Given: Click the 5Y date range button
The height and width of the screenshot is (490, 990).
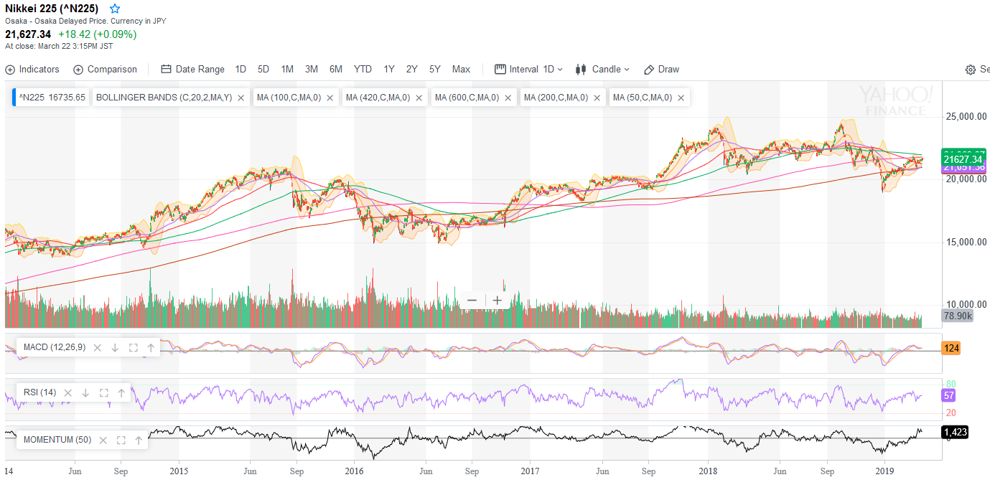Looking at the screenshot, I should pos(434,70).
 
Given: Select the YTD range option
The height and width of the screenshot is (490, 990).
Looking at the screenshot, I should pos(363,70).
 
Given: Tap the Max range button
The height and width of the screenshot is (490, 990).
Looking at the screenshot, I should pos(461,70).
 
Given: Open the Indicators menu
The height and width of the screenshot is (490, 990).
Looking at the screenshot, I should pos(32,70).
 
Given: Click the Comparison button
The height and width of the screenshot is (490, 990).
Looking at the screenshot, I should pos(105,70).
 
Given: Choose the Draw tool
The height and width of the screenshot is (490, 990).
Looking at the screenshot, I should pos(661,70).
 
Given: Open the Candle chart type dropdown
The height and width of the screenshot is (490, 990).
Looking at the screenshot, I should pos(602,70).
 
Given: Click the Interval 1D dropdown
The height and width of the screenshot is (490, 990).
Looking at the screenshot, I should pos(529,70).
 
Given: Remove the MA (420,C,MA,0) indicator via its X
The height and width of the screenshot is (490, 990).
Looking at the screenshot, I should pos(419,98).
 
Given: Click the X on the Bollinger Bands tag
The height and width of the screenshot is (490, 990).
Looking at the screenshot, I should pos(241,98).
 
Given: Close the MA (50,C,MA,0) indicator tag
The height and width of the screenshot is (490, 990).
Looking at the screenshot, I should pos(681,98).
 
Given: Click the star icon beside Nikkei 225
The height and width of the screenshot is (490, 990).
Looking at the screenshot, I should pos(115,9).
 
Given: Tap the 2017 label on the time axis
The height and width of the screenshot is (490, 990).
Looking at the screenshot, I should pos(530,471).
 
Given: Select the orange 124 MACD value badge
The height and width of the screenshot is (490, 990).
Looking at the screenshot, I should pos(951,349).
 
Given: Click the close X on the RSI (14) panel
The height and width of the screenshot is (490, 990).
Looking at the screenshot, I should pos(68,393).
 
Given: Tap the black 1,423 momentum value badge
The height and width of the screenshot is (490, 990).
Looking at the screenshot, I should pos(954,432).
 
